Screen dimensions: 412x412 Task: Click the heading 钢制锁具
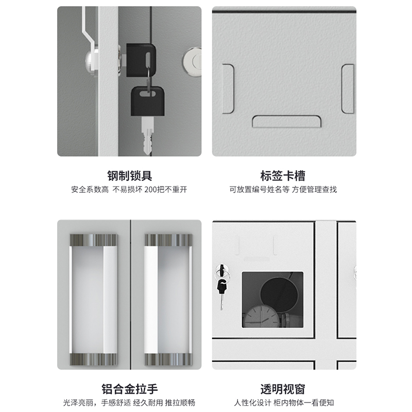(x=130, y=176)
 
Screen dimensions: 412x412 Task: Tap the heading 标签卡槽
(x=283, y=176)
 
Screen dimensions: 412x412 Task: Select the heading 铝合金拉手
(x=130, y=389)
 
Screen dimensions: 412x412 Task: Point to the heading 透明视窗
(x=283, y=389)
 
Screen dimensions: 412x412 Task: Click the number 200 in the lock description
(x=150, y=190)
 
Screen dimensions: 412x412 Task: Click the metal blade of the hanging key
(x=147, y=135)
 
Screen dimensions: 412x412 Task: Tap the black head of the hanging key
(x=148, y=101)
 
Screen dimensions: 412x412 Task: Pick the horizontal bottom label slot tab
(x=286, y=122)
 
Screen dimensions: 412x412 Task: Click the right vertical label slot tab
(x=348, y=89)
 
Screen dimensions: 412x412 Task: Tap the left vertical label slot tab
(x=228, y=89)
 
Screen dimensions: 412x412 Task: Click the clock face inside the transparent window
(x=262, y=316)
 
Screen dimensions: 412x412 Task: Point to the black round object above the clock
(x=279, y=294)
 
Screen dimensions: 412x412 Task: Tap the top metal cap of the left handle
(x=93, y=240)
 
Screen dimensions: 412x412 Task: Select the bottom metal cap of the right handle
(x=168, y=359)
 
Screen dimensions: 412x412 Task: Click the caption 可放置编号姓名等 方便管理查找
(x=283, y=190)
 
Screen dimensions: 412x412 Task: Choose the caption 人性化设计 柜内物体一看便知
(x=284, y=403)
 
